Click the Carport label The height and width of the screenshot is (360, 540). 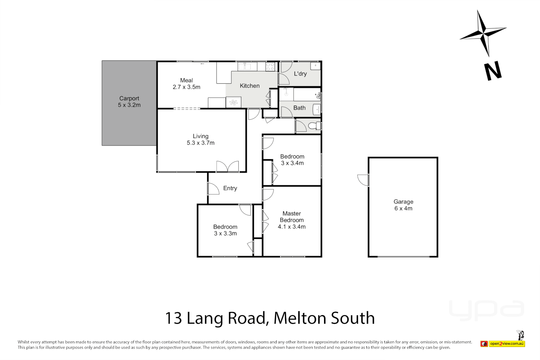[129, 98]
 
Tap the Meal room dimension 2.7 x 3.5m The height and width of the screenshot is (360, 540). [186, 87]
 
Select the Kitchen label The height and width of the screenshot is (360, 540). [249, 86]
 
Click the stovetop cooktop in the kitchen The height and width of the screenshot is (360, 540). [270, 67]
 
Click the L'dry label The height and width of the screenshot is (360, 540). [300, 74]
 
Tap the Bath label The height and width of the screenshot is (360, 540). [299, 108]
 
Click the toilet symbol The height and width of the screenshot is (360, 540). [314, 126]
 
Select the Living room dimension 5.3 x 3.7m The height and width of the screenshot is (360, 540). [200, 143]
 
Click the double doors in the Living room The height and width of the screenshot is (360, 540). [227, 166]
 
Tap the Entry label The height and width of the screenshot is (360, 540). [230, 188]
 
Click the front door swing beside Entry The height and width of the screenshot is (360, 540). [213, 189]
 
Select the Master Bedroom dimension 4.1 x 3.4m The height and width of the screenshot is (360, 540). [292, 227]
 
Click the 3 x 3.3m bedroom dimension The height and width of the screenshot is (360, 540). [225, 233]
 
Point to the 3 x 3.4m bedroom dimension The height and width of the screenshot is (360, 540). [292, 163]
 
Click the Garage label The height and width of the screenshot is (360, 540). [403, 202]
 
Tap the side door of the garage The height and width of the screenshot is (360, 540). [363, 180]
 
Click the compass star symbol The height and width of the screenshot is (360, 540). [483, 33]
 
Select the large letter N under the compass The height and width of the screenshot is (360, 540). [493, 71]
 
